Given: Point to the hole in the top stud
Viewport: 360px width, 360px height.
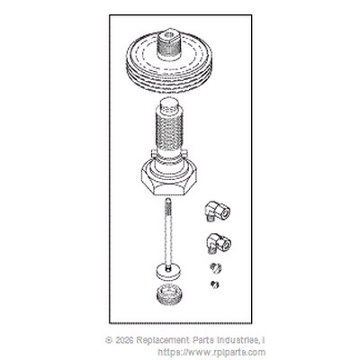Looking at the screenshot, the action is tap(168, 34).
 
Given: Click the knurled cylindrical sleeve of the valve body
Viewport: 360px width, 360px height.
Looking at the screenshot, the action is tap(169, 129).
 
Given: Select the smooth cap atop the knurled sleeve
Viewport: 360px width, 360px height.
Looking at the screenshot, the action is tap(169, 105).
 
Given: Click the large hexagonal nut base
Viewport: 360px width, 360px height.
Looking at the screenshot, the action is tap(168, 180).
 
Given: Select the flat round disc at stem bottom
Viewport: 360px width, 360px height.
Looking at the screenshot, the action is tap(168, 271).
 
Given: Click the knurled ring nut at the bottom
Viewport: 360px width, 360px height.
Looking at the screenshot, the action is tap(170, 294).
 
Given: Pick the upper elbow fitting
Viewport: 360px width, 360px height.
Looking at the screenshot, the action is tap(218, 211).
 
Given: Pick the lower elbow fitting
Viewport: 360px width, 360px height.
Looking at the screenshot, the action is tap(219, 244).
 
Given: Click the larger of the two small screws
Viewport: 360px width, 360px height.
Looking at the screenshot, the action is tap(216, 267).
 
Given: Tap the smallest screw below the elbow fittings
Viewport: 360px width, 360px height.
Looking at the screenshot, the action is tap(214, 283).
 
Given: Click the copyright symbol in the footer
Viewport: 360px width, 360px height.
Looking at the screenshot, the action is tap(109, 340).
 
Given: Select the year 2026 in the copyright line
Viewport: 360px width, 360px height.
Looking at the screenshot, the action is tap(124, 340).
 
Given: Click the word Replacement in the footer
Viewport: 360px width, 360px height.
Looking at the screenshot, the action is tap(162, 341).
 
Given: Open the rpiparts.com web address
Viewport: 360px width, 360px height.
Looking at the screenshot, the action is tap(211, 352).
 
